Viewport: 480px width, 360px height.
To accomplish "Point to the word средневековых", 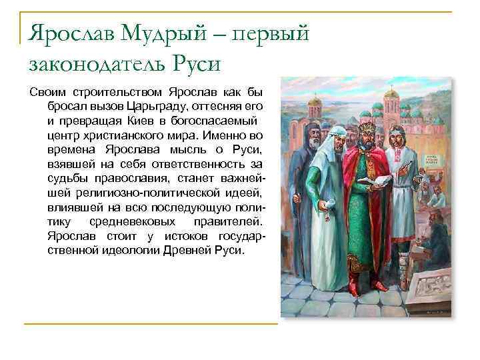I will coord(132,223).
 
